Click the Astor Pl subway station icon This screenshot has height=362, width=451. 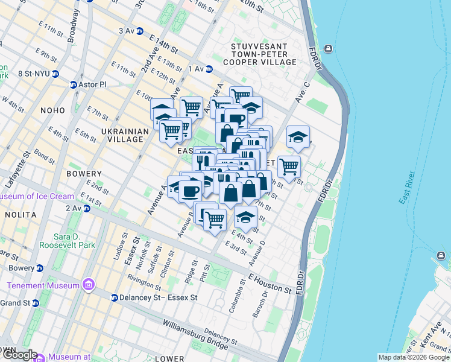pos(73,84)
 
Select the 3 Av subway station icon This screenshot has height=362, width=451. pos(139,31)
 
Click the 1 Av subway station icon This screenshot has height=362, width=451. pos(209,69)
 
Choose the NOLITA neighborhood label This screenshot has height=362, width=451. pos(15,214)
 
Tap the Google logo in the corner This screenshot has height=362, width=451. pos(19,355)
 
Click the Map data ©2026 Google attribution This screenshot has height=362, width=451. pos(413,357)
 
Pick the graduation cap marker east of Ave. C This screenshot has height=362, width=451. pos(298,138)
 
